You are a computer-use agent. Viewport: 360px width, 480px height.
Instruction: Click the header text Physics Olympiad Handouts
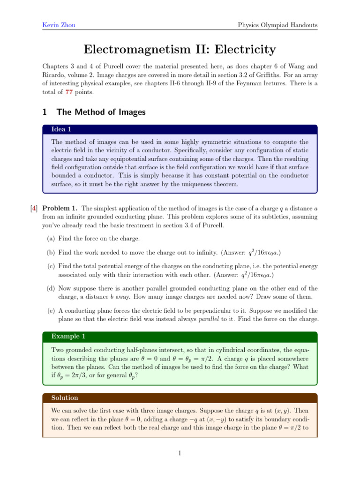277,24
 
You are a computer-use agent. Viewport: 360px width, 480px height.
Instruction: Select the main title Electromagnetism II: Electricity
180,49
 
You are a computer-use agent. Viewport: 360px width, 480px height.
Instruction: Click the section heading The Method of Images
101,112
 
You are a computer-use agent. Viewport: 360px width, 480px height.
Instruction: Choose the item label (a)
51,239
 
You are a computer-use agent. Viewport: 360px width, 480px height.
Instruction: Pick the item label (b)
51,253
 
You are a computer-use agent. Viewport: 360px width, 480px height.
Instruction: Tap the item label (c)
51,266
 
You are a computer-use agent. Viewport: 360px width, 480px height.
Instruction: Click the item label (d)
51,288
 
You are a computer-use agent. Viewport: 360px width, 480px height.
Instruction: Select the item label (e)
51,311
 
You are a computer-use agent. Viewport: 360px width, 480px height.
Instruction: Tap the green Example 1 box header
68,337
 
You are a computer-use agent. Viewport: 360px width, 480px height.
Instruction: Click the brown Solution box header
65,398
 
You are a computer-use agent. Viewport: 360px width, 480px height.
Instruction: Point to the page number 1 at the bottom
180,453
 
